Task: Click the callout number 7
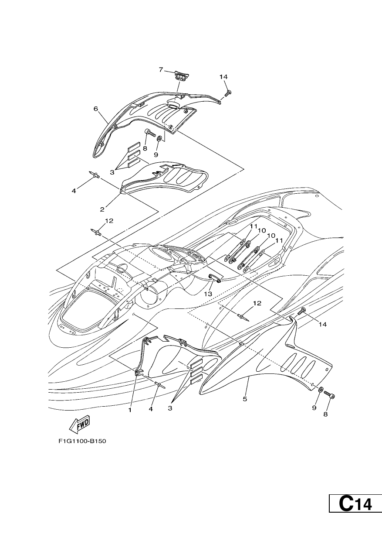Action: (161, 70)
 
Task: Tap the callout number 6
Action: (96, 109)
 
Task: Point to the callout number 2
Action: (102, 209)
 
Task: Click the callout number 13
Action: (208, 294)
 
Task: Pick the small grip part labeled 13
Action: (215, 277)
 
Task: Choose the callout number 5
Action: (245, 399)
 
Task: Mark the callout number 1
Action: (130, 410)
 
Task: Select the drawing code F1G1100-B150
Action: (82, 441)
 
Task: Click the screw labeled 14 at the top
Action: (228, 93)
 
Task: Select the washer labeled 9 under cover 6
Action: (159, 139)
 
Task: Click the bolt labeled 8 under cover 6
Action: (150, 133)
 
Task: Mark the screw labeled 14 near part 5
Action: (302, 311)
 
